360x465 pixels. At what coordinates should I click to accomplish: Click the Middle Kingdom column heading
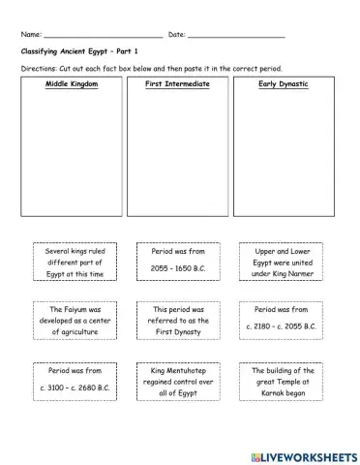tap(66, 85)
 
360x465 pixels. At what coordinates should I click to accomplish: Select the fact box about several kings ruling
tap(69, 262)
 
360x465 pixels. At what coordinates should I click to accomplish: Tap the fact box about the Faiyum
tap(69, 321)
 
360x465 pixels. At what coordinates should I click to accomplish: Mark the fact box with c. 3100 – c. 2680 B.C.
tap(69, 381)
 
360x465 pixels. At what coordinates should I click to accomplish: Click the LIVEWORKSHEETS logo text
tap(303, 452)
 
